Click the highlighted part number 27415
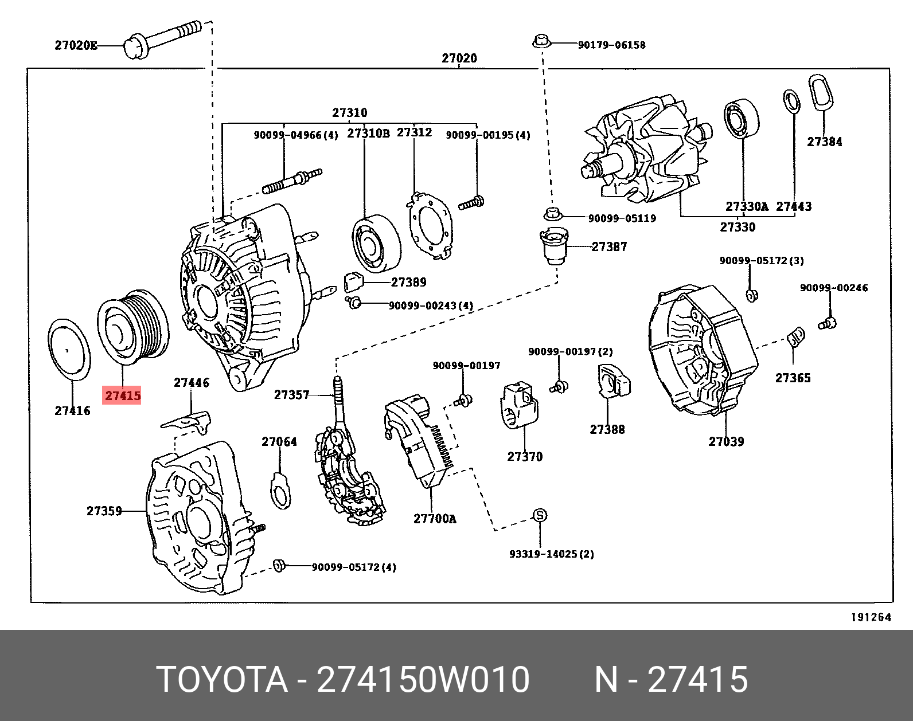pyautogui.click(x=122, y=395)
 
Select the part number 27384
pyautogui.click(x=824, y=142)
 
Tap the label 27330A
pyautogui.click(x=746, y=207)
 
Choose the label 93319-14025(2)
pyautogui.click(x=551, y=554)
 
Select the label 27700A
pyautogui.click(x=435, y=519)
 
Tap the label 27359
pyautogui.click(x=104, y=511)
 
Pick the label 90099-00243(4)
pyautogui.click(x=431, y=306)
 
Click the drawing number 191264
pyautogui.click(x=871, y=617)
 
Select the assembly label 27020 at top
pyautogui.click(x=459, y=58)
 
